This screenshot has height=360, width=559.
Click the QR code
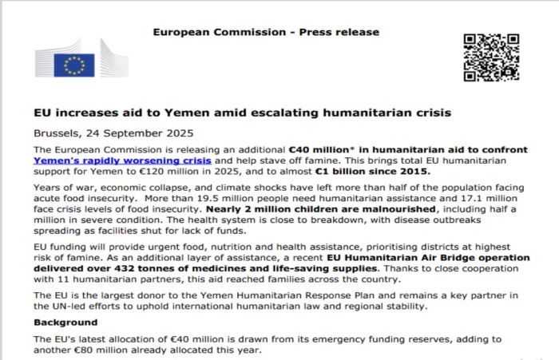point(491,57)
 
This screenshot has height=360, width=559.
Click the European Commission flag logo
point(74,65)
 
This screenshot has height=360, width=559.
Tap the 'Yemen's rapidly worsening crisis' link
point(122,160)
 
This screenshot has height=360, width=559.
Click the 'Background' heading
point(65,322)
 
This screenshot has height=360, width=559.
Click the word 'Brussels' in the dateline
point(56,133)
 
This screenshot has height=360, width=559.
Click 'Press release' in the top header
point(343,33)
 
